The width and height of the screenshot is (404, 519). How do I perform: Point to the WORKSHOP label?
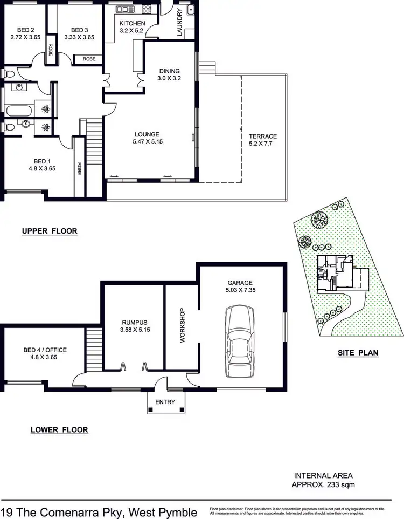pos(182,326)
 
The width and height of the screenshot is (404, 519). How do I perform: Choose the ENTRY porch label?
pos(166,402)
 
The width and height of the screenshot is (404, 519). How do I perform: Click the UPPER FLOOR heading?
pos(50,231)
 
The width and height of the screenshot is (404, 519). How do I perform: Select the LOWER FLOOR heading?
pos(59,430)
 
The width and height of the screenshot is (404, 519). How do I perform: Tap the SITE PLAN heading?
pos(358,353)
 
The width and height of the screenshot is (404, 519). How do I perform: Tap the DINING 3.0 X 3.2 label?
pos(169,74)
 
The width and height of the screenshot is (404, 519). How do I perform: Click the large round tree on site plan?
pos(319,219)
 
